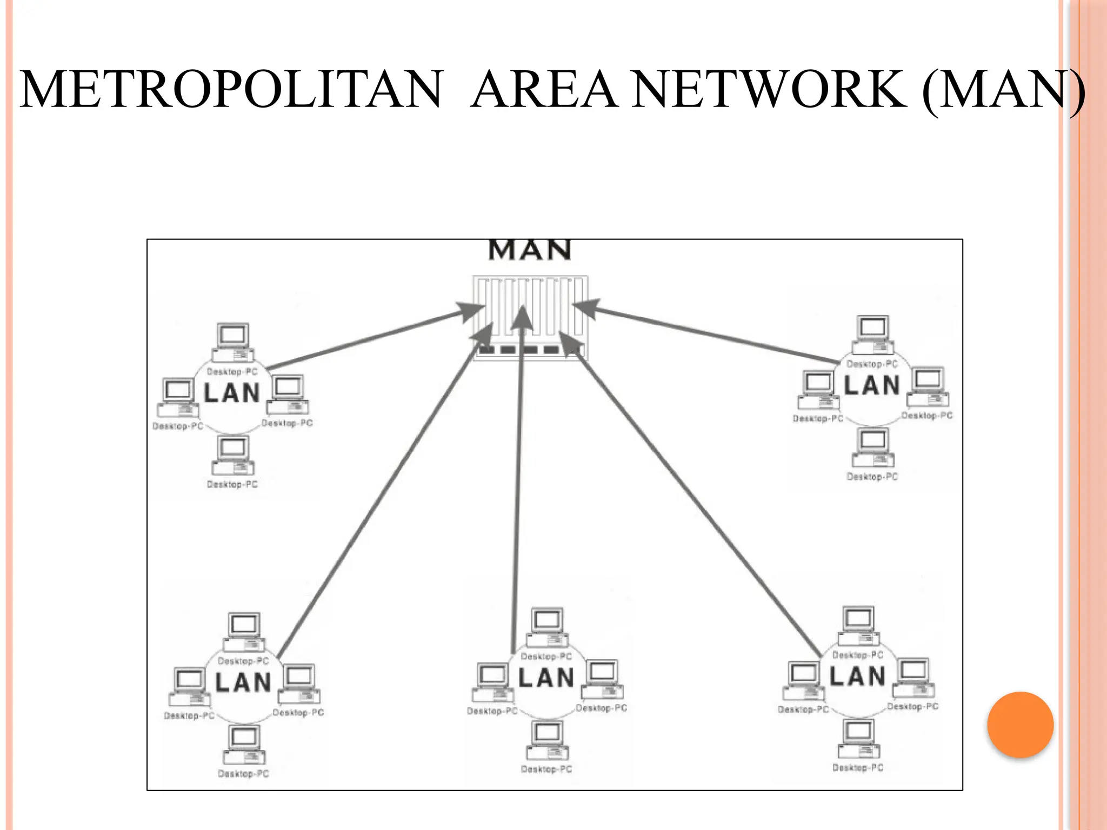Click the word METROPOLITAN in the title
pos(231,89)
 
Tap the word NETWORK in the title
pos(770,89)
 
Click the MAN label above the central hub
pos(530,250)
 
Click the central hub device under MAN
pos(530,318)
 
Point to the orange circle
pos(1020,725)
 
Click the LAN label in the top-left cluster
pos(232,393)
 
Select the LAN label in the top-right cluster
pos(872,386)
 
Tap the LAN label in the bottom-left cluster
pos(243,682)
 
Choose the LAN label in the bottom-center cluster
pos(546,678)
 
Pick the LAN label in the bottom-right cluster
pos(857,677)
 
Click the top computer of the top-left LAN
pos(233,343)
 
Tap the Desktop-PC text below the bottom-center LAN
pos(546,769)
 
